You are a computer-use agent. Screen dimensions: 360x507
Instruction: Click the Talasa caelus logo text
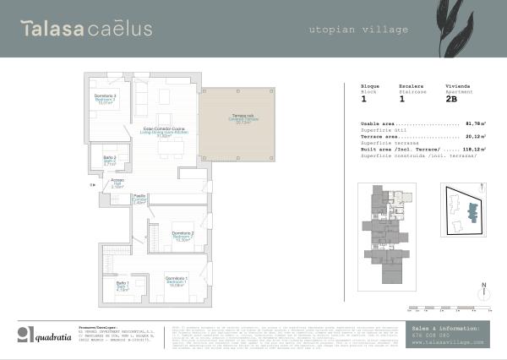[86, 29]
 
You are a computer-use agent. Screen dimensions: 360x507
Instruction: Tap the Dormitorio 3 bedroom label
[105, 100]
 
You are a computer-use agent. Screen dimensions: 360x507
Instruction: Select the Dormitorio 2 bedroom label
[183, 236]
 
